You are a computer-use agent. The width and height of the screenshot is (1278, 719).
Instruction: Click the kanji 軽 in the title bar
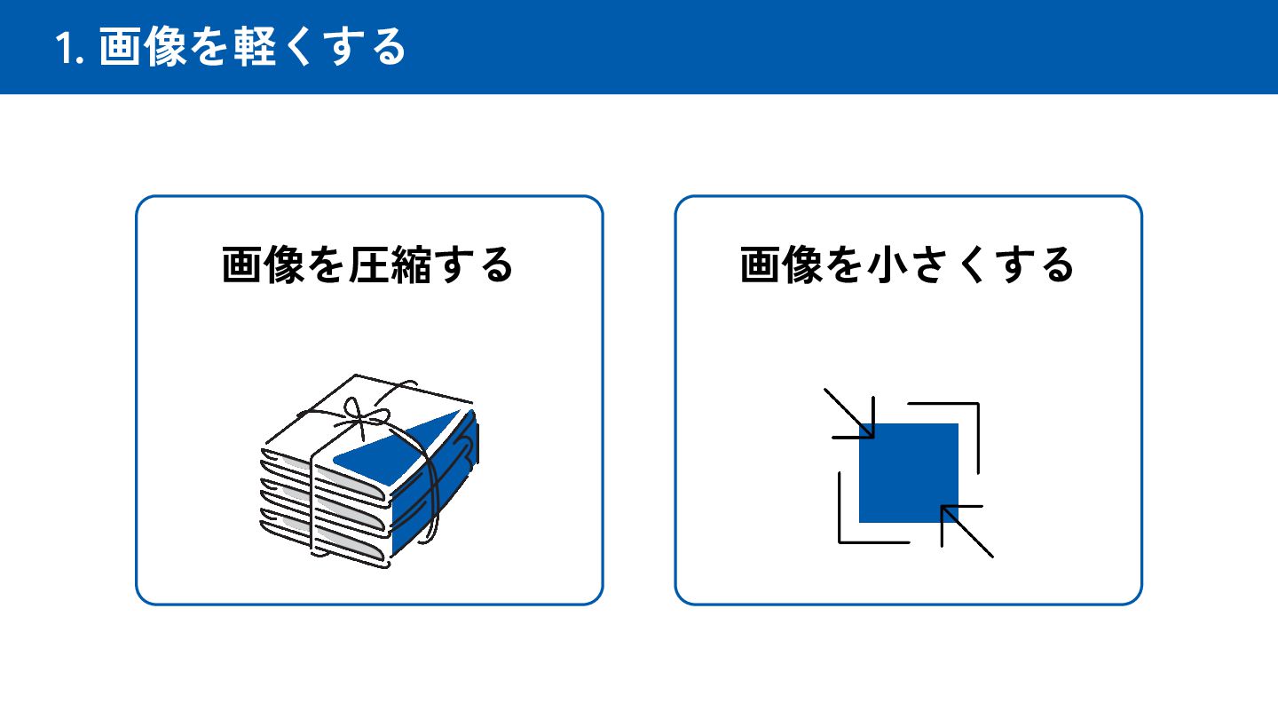point(256,46)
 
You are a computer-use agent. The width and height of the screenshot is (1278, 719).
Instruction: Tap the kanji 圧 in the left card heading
point(368,265)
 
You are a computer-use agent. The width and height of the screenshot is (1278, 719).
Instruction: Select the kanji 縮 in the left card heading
point(411,265)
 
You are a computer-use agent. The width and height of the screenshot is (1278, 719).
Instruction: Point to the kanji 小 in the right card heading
point(887,265)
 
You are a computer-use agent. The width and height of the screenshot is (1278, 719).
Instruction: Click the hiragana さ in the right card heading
point(930,265)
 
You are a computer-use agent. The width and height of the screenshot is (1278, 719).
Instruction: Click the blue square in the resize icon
point(909,472)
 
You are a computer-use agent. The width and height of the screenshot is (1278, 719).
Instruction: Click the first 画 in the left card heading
point(242,265)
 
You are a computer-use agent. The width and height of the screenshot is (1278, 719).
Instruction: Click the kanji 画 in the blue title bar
point(120,46)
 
